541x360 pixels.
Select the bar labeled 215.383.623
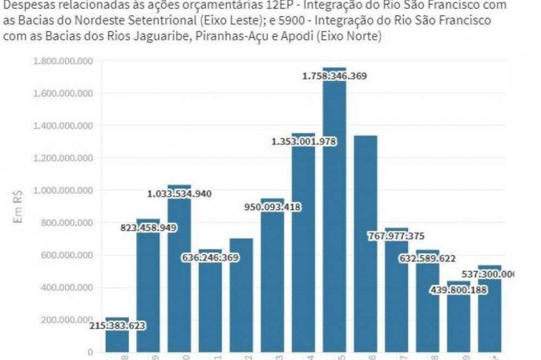tap(117, 341)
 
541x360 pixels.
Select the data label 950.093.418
tap(272, 207)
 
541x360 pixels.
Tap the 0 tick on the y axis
tap(91, 352)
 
